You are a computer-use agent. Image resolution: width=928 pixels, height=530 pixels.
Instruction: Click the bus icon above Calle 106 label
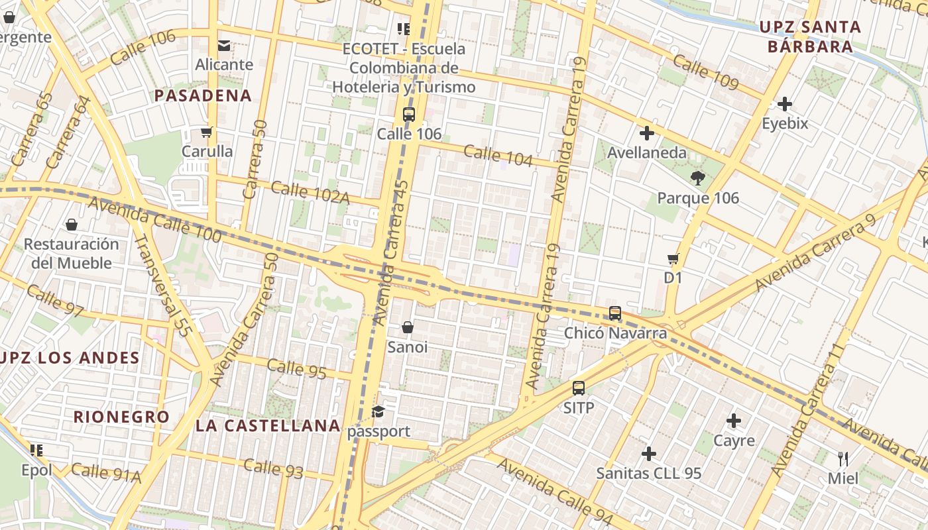coord(409,114)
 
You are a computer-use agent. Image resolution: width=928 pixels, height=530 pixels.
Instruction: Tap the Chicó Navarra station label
coord(615,333)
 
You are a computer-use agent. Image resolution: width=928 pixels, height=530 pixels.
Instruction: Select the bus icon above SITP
coord(579,388)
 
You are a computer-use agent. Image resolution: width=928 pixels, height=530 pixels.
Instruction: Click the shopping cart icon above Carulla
coord(207,132)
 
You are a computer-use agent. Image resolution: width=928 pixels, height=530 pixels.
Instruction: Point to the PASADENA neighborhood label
coord(203,95)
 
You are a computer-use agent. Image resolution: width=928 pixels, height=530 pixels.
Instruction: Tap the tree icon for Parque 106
coord(697,178)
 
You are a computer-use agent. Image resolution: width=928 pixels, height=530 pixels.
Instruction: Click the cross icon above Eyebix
coord(785,104)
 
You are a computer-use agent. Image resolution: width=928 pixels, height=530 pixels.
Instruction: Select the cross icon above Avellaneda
coord(647,133)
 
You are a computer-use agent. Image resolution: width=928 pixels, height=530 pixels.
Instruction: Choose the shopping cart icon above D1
coord(673,258)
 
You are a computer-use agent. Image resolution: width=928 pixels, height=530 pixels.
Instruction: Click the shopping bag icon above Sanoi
coord(408,327)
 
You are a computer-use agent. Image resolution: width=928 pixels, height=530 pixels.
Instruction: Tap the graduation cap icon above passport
coord(378,412)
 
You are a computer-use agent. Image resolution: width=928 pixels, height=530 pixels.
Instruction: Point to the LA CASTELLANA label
coord(268,425)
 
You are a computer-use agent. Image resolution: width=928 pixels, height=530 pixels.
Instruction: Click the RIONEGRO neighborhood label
coord(121,417)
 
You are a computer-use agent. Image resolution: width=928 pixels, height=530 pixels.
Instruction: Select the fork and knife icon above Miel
coord(843,458)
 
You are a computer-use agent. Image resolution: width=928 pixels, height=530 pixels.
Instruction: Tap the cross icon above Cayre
coord(734,421)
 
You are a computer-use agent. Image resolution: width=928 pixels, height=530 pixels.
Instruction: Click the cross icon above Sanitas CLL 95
coord(649,454)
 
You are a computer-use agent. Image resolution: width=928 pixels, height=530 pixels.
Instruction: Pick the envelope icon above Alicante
coord(224,45)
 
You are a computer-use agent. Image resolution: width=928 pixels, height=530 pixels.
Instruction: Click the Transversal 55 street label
coord(162,285)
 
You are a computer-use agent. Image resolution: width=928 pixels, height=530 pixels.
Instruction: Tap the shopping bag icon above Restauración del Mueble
coord(72,225)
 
